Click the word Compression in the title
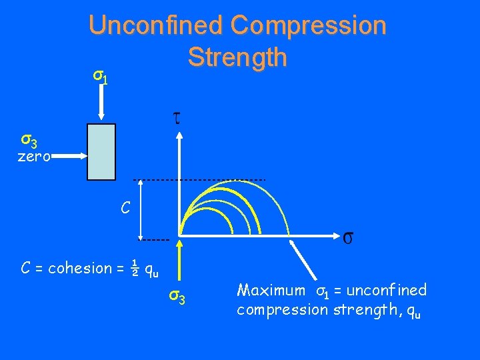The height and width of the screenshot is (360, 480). pos(308,25)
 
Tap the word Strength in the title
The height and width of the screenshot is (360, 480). pos(237,57)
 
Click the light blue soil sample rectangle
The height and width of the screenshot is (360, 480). pos(101,152)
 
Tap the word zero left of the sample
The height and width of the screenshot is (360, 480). pos(34,157)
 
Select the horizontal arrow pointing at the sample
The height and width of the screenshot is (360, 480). pos(69,157)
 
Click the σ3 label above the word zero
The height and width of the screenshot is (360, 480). pos(29,141)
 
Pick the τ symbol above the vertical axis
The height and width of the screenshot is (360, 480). pos(177,119)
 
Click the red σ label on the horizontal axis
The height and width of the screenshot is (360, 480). pos(348,237)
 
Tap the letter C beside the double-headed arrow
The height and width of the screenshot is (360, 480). pos(125,208)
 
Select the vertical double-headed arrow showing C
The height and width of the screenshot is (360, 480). pos(140,209)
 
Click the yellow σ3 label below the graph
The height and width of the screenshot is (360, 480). pos(177,295)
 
